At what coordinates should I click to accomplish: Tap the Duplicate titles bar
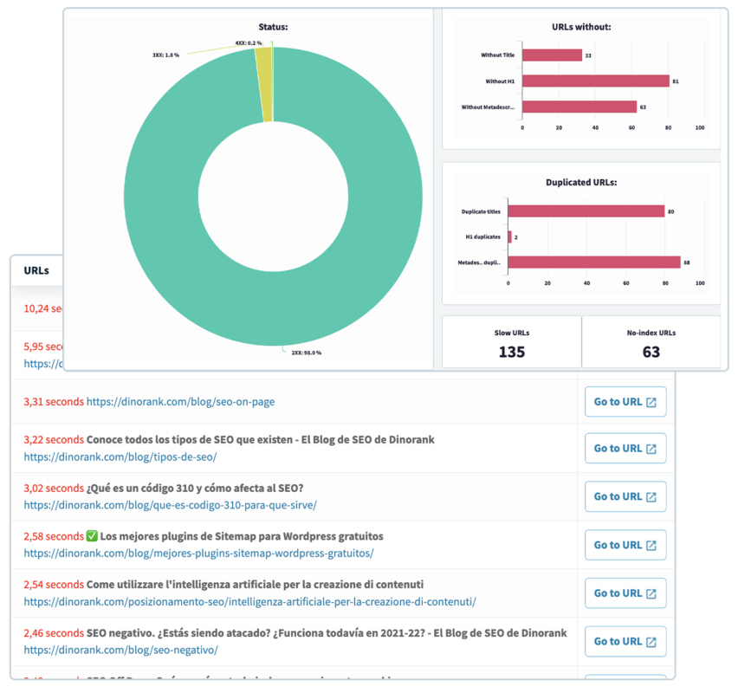tap(586, 210)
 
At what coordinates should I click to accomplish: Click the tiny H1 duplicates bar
tap(510, 236)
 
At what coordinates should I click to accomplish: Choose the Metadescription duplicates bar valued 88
tap(593, 262)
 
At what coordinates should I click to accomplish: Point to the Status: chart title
tap(273, 27)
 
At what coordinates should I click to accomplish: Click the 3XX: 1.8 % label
tap(165, 55)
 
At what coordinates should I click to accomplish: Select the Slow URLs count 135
tap(511, 352)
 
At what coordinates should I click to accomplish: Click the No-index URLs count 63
tap(651, 352)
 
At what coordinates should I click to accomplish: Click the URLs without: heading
tap(581, 27)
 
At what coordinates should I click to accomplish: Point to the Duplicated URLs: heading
tap(580, 183)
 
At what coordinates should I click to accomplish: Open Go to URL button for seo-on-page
tap(625, 402)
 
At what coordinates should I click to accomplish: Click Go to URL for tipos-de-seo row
tap(625, 449)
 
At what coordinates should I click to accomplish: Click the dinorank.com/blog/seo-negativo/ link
tap(120, 650)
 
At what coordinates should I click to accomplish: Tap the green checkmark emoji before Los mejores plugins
tap(92, 536)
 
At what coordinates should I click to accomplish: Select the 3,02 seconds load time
tap(54, 488)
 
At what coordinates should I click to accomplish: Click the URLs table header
tap(36, 270)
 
